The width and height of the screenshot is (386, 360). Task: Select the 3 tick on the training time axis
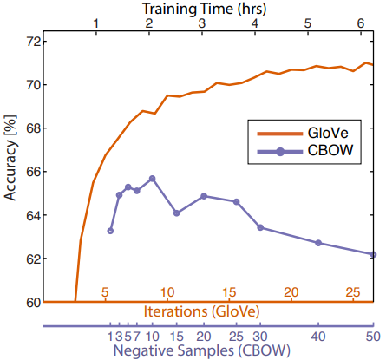pyautogui.click(x=202, y=23)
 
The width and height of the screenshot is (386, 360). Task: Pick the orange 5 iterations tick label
pyautogui.click(x=105, y=292)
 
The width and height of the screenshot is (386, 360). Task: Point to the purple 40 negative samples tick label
pyautogui.click(x=318, y=336)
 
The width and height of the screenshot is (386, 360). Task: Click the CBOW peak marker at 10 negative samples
pyautogui.click(x=152, y=179)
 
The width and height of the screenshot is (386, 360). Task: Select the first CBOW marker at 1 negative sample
pyautogui.click(x=110, y=231)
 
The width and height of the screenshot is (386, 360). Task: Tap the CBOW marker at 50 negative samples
pyautogui.click(x=373, y=254)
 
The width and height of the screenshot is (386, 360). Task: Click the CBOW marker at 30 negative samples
pyautogui.click(x=260, y=228)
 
